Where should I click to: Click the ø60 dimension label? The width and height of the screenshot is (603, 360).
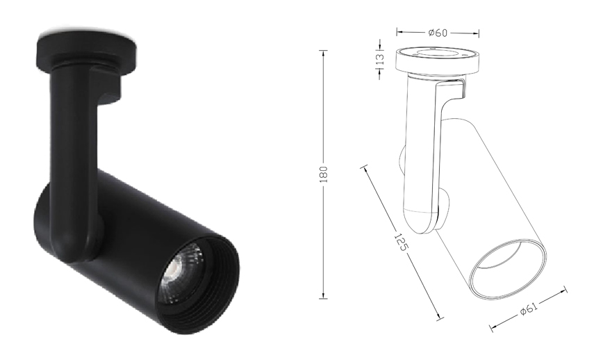[438, 33]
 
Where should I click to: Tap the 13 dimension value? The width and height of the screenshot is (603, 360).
[380, 59]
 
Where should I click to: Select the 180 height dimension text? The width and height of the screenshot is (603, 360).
[324, 174]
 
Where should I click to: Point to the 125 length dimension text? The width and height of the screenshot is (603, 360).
[401, 241]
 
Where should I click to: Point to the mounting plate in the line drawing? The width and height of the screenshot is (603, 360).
[438, 60]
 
